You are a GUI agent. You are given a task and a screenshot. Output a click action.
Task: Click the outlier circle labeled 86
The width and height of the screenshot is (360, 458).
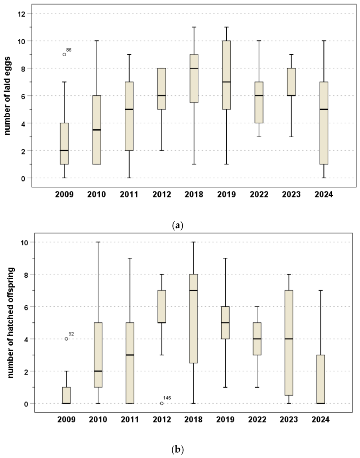coord(64,54)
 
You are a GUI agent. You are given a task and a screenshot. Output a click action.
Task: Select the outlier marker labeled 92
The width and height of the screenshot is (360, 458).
coord(66,339)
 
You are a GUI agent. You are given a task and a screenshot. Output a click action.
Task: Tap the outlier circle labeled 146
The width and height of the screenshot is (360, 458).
coord(161,403)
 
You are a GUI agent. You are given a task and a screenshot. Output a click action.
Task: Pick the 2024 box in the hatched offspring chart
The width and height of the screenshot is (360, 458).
coord(321,379)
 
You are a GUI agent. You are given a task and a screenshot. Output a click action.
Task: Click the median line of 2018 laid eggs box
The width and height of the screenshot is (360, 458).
coord(194,68)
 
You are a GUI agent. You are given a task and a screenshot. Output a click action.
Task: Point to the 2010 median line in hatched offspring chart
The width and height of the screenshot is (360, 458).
coord(98,371)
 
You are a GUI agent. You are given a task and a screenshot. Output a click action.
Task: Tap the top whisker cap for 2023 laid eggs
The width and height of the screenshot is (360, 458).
coord(291,54)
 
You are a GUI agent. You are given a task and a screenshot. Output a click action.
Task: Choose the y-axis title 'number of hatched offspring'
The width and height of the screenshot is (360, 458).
coord(10,323)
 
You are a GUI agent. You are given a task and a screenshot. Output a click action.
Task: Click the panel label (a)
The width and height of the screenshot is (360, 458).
coord(177,225)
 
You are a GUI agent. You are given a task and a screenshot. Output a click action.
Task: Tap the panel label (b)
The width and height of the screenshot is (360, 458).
coord(178,449)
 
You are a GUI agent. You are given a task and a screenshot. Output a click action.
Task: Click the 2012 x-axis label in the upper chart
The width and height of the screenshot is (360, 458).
coord(161,194)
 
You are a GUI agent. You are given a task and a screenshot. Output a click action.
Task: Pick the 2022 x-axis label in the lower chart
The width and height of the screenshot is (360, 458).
coord(257,419)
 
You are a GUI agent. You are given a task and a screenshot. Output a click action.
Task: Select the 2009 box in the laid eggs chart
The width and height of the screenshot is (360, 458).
coord(64,144)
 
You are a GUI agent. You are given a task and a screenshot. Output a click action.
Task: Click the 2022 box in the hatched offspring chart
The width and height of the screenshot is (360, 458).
coord(257,339)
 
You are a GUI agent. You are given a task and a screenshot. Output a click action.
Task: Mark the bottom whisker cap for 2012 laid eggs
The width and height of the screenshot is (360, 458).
coord(161,150)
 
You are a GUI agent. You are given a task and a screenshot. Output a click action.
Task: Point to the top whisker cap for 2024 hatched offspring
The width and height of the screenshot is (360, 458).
coord(321,290)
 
